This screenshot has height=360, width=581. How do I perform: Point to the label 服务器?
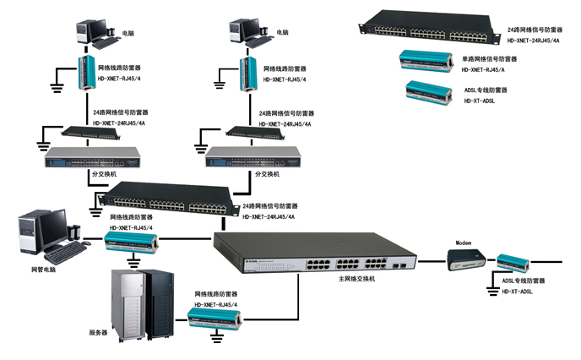(x=99, y=332)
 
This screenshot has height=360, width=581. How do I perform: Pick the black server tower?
(x=160, y=303)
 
